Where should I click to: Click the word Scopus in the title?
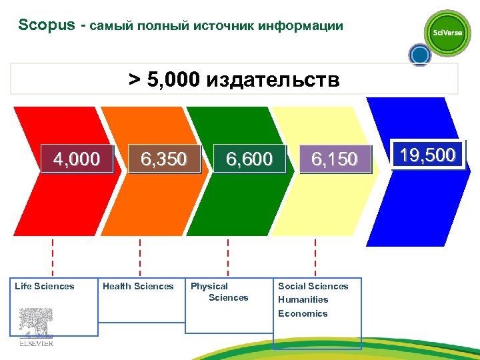point(45,25)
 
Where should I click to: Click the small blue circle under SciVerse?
point(419,55)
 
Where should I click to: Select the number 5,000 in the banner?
point(169,81)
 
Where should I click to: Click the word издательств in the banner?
point(273,81)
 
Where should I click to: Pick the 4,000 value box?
point(77,159)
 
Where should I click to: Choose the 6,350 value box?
point(163,159)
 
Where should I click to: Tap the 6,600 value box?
point(249,159)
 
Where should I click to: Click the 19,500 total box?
point(428,155)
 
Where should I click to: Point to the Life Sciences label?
point(45,286)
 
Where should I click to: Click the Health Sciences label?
point(138,286)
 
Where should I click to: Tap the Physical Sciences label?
point(219,292)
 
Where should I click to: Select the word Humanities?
point(303,299)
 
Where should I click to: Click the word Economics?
point(303,313)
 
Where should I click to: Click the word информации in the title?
point(301,26)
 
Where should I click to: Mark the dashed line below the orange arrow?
point(140,257)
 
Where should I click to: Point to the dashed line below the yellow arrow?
point(315,257)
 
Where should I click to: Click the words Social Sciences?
point(313,286)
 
